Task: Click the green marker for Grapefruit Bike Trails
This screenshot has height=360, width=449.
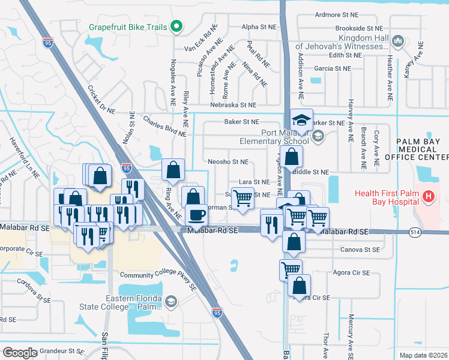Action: (176, 26)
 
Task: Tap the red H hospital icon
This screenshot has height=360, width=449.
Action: (428, 196)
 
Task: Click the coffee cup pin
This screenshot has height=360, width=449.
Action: (196, 214)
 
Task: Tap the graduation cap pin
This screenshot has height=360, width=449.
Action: (302, 119)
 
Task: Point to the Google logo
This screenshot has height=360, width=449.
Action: (20, 353)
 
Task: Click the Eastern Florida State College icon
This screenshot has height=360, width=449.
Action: (172, 301)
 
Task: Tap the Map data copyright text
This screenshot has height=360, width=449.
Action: (423, 355)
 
